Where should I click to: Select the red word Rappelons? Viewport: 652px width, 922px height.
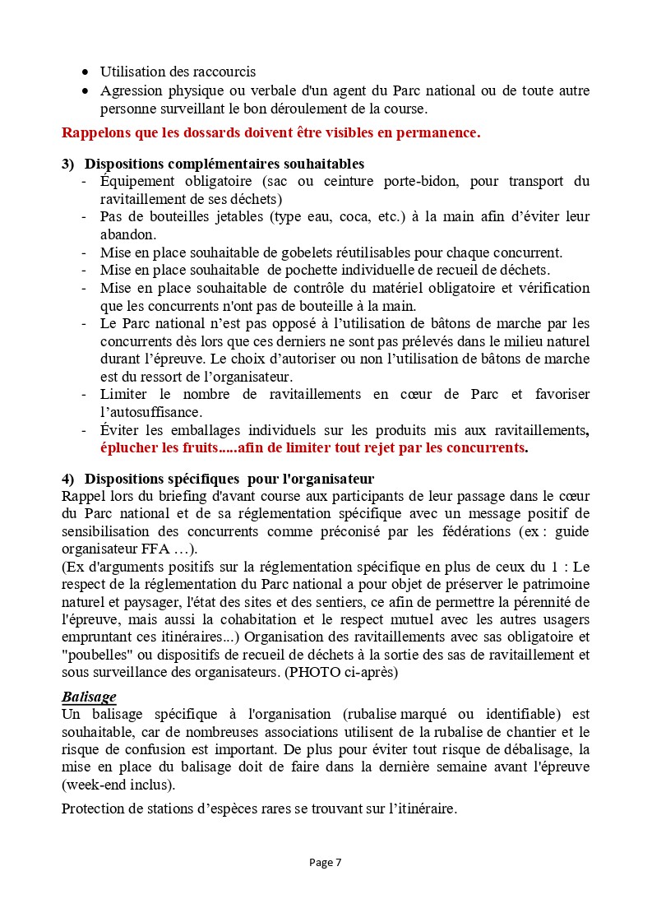(93, 132)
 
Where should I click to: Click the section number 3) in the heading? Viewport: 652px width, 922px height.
(68, 164)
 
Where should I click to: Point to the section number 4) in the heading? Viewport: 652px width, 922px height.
(68, 479)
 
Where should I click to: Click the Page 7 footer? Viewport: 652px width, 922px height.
(326, 863)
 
